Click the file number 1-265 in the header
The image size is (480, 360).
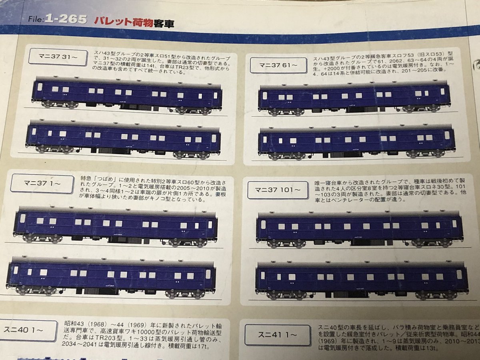click(66, 19)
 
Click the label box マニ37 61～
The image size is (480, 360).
click(278, 65)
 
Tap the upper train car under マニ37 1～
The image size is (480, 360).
click(116, 225)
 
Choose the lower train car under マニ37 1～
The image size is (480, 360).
click(111, 276)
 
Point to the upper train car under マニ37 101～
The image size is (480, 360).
click(359, 228)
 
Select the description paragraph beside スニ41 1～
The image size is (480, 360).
click(396, 336)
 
